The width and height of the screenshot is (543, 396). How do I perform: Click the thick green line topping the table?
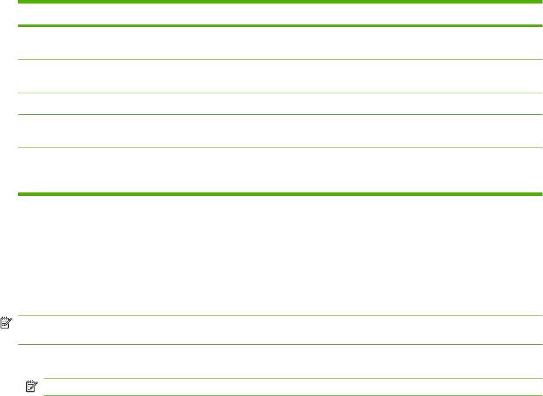[280, 2]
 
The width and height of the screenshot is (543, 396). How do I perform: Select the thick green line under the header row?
[280, 26]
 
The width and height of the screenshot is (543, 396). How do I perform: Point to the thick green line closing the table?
[280, 194]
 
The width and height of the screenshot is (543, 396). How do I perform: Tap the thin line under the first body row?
[280, 59]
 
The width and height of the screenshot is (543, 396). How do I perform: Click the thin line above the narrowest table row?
[280, 93]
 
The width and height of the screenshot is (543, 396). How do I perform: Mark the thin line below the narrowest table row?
[280, 115]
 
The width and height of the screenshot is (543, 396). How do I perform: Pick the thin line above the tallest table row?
[280, 148]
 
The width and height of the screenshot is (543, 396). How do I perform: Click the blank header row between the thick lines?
[280, 14]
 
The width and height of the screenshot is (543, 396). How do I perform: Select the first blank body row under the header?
[280, 43]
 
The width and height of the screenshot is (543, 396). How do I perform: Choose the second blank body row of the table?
[280, 76]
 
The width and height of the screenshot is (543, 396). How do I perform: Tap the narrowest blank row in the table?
[280, 104]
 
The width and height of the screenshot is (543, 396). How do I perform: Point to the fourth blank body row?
[280, 131]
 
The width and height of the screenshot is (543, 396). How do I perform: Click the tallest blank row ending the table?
[280, 170]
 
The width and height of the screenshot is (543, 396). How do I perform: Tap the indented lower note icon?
[31, 386]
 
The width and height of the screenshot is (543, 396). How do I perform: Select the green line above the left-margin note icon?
[280, 316]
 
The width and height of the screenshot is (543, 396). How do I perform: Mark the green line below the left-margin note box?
[280, 345]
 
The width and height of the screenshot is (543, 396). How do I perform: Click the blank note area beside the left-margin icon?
[280, 330]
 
